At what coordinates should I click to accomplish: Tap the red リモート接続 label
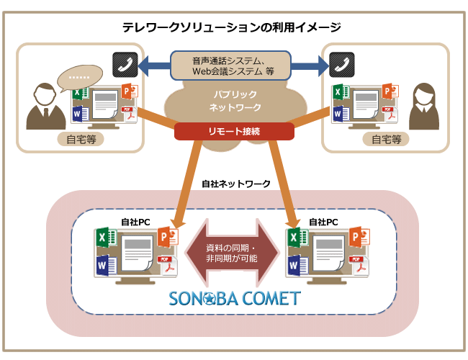[x=235, y=132]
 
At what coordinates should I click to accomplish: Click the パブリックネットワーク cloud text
[x=235, y=101]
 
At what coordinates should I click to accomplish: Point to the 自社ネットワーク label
[x=235, y=184]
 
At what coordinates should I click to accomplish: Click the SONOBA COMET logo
[x=234, y=298]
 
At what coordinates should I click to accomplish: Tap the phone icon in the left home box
[x=125, y=65]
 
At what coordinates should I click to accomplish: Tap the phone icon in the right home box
[x=341, y=65]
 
